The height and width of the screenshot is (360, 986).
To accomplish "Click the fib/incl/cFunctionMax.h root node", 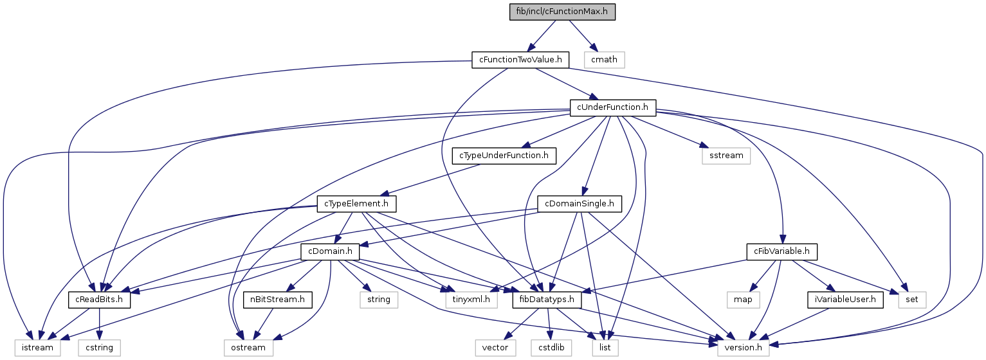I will pyautogui.click(x=554, y=12).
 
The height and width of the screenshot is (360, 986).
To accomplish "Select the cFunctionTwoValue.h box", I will pyautogui.click(x=521, y=60).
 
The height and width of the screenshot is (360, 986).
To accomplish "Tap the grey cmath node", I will pyautogui.click(x=604, y=60).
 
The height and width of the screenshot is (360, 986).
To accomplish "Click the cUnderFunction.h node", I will pyautogui.click(x=613, y=107).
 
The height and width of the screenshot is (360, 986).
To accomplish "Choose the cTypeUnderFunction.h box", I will pyautogui.click(x=504, y=156).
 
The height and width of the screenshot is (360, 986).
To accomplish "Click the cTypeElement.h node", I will pyautogui.click(x=356, y=204).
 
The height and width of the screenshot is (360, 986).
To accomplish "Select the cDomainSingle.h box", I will pyautogui.click(x=580, y=204).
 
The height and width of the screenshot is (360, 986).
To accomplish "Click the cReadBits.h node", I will pyautogui.click(x=100, y=300).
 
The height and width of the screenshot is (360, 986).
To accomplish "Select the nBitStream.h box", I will pyautogui.click(x=278, y=300).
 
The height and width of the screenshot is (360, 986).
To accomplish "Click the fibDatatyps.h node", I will pyautogui.click(x=547, y=300).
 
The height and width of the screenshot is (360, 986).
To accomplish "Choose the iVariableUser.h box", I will pyautogui.click(x=843, y=300).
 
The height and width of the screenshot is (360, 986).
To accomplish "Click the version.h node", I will pyautogui.click(x=744, y=348).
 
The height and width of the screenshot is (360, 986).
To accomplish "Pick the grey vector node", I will pyautogui.click(x=496, y=348).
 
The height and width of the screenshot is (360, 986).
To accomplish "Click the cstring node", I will pyautogui.click(x=99, y=348).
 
